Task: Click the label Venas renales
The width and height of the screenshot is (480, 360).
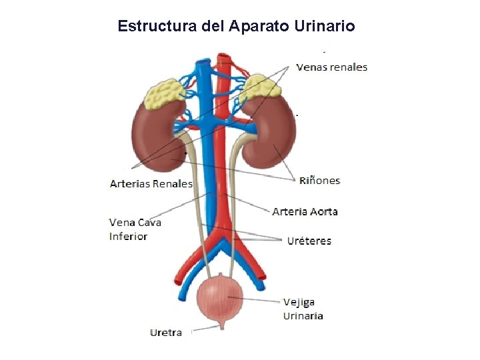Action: click(331, 67)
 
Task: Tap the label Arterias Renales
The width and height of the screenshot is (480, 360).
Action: click(151, 183)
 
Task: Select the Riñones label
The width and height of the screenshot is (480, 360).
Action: click(319, 180)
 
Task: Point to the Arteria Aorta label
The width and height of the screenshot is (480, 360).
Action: click(305, 211)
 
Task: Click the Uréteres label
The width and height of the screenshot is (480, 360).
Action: click(309, 241)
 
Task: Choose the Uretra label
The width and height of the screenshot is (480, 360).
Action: click(166, 332)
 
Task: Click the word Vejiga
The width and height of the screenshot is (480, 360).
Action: click(299, 302)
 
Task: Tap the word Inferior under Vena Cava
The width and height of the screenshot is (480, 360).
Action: click(128, 236)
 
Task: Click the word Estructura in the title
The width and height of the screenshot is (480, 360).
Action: click(148, 26)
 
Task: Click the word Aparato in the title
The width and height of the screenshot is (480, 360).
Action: click(257, 26)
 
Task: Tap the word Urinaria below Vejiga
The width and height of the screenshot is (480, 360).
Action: click(303, 315)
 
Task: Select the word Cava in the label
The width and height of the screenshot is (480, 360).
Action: click(150, 223)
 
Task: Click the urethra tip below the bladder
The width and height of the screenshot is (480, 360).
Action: click(222, 327)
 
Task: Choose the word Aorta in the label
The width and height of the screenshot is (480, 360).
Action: click(322, 211)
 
